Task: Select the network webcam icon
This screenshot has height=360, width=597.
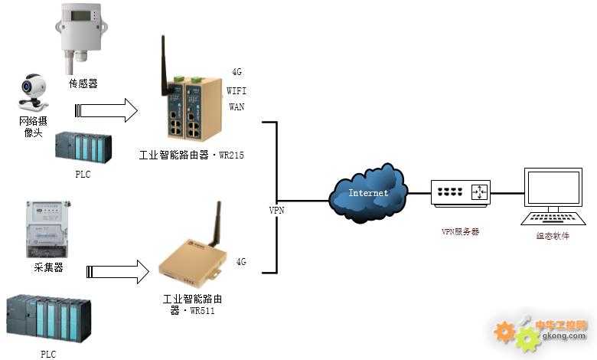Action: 33,93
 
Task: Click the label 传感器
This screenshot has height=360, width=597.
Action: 83,83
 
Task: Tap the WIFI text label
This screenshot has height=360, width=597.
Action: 237,90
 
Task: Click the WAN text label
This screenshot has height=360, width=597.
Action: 237,106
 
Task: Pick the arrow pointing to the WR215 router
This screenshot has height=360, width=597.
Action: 107,110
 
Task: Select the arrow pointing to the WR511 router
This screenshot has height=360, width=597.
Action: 118,270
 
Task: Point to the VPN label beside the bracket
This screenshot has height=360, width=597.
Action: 276,210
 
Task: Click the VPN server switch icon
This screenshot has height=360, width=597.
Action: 460,193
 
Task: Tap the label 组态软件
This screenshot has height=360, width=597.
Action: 553,236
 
